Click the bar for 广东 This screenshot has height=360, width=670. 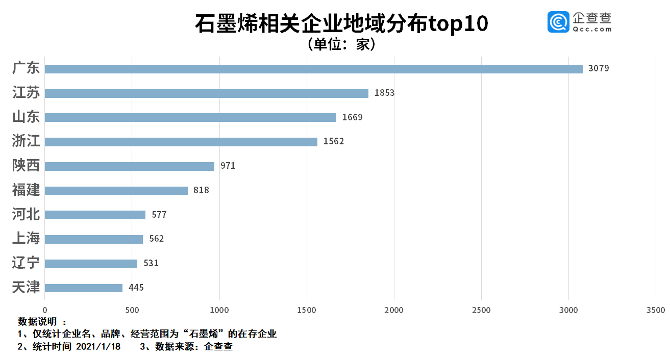[x=313, y=69]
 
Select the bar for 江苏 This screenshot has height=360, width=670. [x=206, y=93]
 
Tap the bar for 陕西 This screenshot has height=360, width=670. [x=129, y=166]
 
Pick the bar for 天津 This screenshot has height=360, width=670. [x=84, y=288]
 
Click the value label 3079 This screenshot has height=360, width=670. [x=599, y=69]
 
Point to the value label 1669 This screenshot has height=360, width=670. [x=352, y=117]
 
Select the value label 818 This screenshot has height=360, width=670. [x=201, y=190]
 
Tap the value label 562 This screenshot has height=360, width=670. [x=156, y=239]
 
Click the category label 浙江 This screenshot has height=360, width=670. [x=26, y=141]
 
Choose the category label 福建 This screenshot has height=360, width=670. [x=26, y=190]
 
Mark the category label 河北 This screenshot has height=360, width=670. [x=26, y=214]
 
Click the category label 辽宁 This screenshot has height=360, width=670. [x=26, y=263]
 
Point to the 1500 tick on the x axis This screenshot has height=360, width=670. [x=307, y=310]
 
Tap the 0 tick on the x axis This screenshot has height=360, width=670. [x=45, y=310]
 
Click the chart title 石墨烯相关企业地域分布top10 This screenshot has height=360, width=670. [x=341, y=24]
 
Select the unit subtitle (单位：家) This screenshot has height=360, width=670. [x=341, y=44]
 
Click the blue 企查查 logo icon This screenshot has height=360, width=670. [x=558, y=22]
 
